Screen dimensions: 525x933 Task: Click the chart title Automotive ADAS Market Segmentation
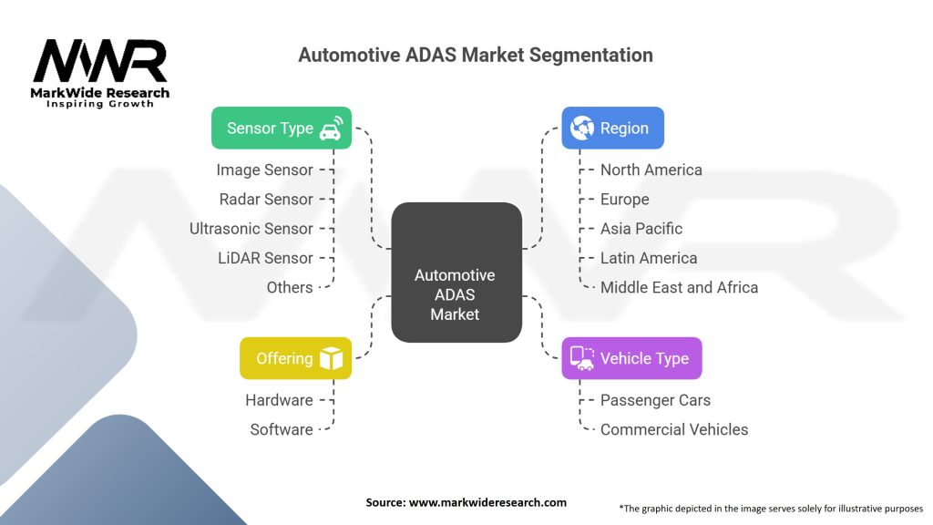pos(475,55)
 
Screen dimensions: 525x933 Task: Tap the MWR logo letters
pos(100,62)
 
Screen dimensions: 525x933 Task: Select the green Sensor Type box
pos(281,128)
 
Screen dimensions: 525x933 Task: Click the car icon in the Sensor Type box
pos(330,128)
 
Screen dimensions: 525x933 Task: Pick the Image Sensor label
pos(264,170)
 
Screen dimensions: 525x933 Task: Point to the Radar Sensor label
pos(266,199)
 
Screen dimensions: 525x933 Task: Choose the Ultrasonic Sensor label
pos(251,228)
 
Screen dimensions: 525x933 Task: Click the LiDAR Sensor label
pos(265,258)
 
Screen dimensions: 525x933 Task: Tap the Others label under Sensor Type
pos(289,287)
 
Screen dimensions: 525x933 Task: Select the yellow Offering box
pos(295,358)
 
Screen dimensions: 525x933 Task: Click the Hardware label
pos(279,400)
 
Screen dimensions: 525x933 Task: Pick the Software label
pos(282,429)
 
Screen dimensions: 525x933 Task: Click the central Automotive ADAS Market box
pos(456,293)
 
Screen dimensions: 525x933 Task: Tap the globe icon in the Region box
pos(581,128)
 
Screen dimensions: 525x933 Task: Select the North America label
pos(651,170)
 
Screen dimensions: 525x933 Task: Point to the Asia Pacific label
pos(641,228)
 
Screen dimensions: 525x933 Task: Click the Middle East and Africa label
pos(679,287)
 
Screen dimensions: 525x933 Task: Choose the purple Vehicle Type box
pos(631,358)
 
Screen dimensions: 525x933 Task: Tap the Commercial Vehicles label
pos(673,429)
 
